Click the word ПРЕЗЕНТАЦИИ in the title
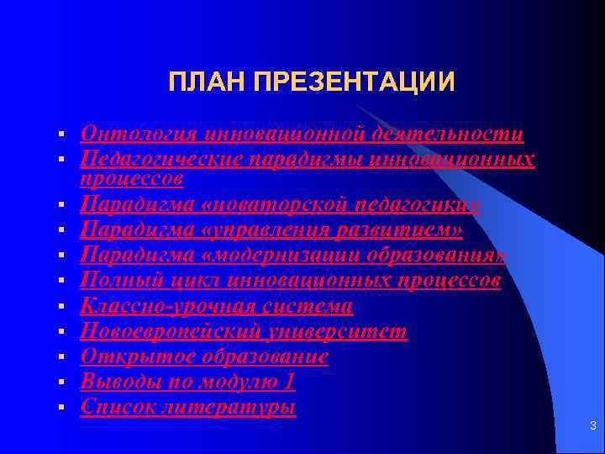[x=353, y=82]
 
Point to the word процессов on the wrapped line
[x=132, y=178]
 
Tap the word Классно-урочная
[x=169, y=305]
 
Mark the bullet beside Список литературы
[x=61, y=409]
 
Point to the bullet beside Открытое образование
[x=61, y=358]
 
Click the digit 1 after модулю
[x=290, y=382]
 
